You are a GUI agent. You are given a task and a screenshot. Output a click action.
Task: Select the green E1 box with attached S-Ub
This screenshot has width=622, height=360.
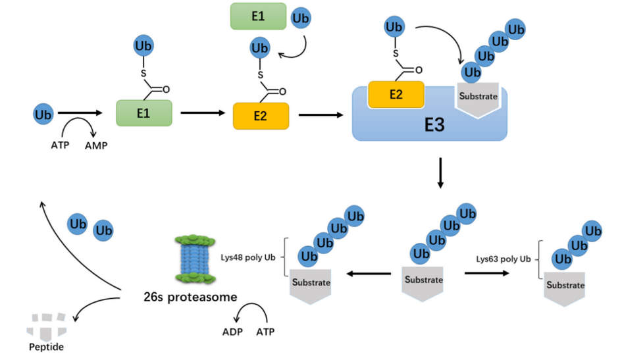tap(143, 113)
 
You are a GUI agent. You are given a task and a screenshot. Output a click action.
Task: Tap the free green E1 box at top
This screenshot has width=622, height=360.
tap(257, 16)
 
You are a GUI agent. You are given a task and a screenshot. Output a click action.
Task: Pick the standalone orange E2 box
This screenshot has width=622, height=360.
tap(261, 116)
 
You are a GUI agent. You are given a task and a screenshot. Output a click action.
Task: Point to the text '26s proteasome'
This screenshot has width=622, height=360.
tap(190, 296)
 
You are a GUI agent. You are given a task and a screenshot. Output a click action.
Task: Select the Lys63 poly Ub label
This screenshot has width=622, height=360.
tap(504, 259)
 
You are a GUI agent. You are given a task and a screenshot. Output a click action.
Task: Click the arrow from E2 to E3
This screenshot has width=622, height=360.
tap(321, 115)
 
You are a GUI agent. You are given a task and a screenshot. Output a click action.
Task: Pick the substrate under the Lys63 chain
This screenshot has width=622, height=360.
tap(565, 290)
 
